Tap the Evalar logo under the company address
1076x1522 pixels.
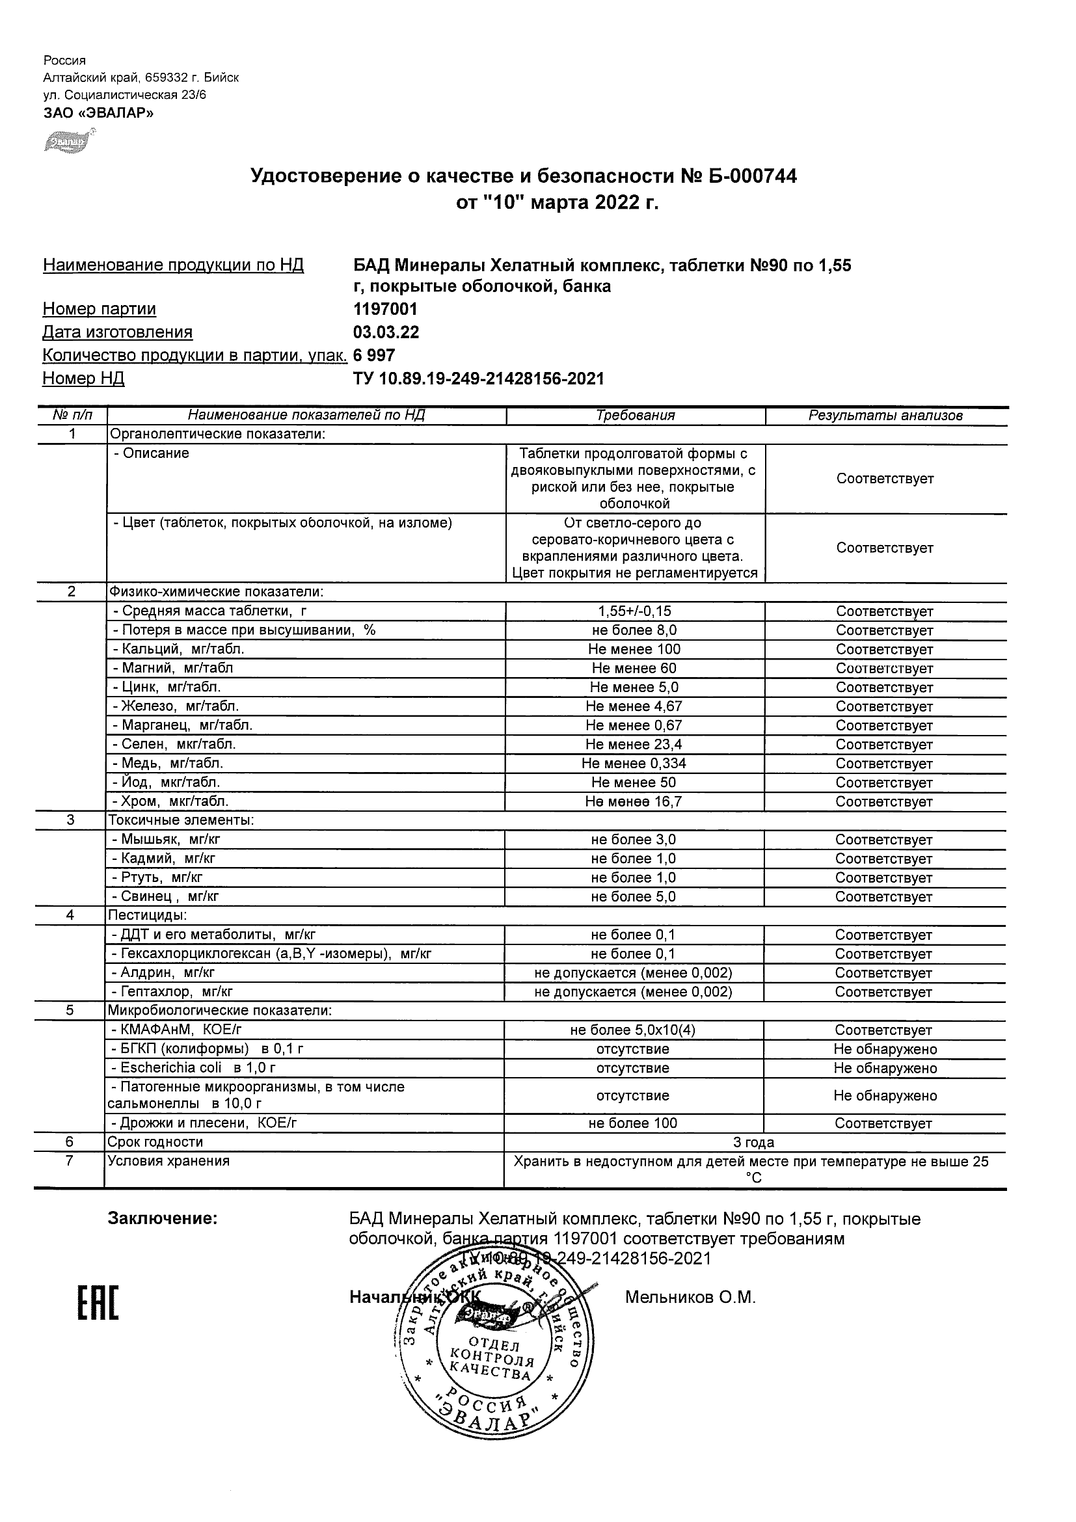point(68,141)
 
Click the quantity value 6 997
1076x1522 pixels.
point(374,355)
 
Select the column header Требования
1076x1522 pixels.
point(635,416)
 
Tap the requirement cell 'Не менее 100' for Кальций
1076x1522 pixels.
point(634,650)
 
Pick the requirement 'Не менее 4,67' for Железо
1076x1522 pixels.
point(634,706)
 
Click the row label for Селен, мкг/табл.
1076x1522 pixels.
point(178,745)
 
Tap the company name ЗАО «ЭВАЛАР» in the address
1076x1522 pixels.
point(98,113)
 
